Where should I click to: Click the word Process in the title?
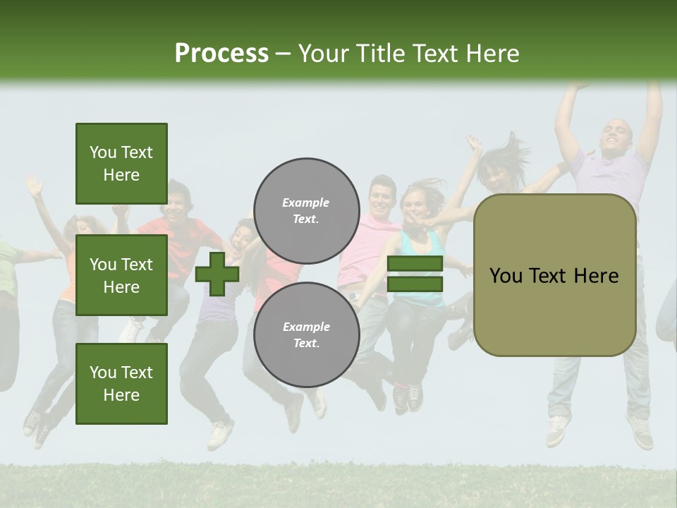click(x=221, y=54)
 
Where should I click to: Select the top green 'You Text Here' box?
click(x=121, y=164)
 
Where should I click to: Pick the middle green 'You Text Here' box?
click(x=121, y=275)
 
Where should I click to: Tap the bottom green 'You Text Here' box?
click(x=121, y=383)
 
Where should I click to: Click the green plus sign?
click(x=217, y=274)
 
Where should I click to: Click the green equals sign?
click(x=415, y=274)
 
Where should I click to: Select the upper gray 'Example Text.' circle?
click(x=306, y=210)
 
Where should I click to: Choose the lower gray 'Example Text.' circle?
click(x=306, y=334)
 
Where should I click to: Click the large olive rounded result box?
click(x=554, y=275)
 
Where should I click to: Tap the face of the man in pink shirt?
click(x=382, y=197)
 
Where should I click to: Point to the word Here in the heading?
click(x=494, y=54)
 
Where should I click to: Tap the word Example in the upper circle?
click(x=306, y=202)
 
